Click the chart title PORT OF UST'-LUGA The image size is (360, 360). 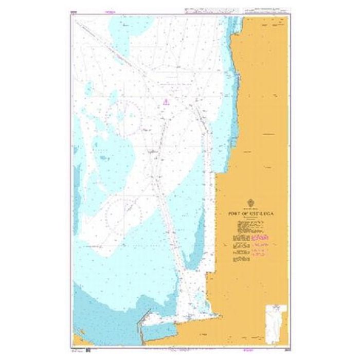point(251,211)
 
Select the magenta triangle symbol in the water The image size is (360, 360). point(165,102)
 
